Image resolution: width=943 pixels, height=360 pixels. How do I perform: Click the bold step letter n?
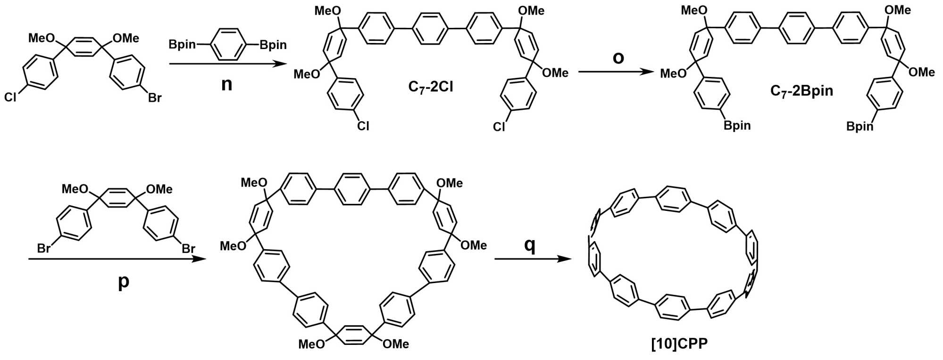coord(226,84)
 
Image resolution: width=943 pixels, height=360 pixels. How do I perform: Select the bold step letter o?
coord(618,58)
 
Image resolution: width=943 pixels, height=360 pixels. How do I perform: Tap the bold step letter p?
coord(123,281)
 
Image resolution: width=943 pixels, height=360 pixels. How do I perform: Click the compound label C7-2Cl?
coord(431,87)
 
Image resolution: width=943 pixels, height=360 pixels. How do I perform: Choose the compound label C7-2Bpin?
coord(801,91)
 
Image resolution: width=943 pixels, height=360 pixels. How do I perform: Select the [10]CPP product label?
coord(679,344)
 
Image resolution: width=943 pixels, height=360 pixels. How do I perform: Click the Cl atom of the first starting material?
coord(10,98)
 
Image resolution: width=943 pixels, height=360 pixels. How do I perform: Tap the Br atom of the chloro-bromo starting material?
coord(154,98)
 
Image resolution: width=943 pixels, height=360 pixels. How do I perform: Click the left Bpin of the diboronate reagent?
coord(182,45)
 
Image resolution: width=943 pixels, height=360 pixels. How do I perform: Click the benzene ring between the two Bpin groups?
coord(227,44)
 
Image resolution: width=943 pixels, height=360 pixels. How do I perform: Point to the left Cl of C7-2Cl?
coord(362,126)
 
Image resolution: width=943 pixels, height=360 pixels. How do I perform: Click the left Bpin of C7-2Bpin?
coord(737,126)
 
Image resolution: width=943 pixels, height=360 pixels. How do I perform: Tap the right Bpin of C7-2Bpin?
coord(860,126)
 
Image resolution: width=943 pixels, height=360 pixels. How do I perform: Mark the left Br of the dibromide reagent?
coord(43,248)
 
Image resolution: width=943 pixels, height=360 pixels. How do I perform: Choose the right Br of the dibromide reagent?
coord(188,248)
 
